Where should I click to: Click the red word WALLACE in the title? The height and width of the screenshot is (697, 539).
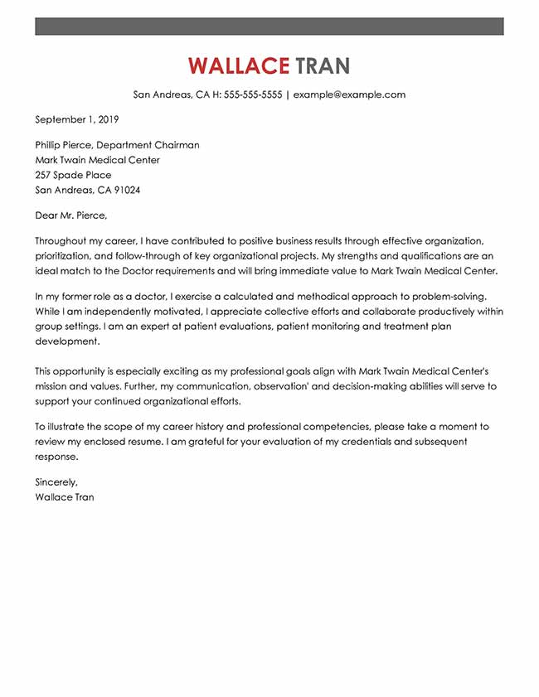[238, 65]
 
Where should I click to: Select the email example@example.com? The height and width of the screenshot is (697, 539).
[349, 94]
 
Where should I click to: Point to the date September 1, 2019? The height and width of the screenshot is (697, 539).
[72, 119]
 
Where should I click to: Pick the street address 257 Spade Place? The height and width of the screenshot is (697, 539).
[73, 175]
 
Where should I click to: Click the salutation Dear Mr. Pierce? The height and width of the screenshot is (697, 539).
[71, 215]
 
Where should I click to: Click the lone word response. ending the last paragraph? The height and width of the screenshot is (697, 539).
[56, 457]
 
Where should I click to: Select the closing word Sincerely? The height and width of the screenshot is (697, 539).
[56, 482]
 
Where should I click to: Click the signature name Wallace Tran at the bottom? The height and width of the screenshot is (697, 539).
[65, 497]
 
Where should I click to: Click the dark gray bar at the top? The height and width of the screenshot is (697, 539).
[269, 27]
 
